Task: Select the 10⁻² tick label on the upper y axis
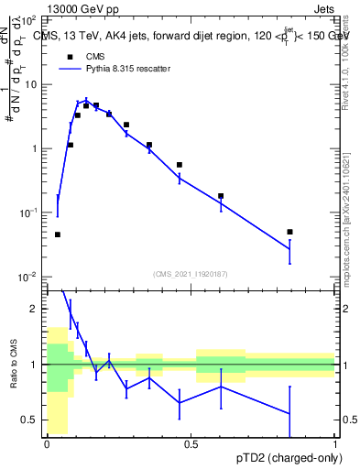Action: click(x=27, y=277)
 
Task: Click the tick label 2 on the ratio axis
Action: click(x=34, y=309)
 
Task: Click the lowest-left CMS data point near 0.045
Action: click(x=58, y=234)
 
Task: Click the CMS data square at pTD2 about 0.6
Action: click(x=221, y=196)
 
